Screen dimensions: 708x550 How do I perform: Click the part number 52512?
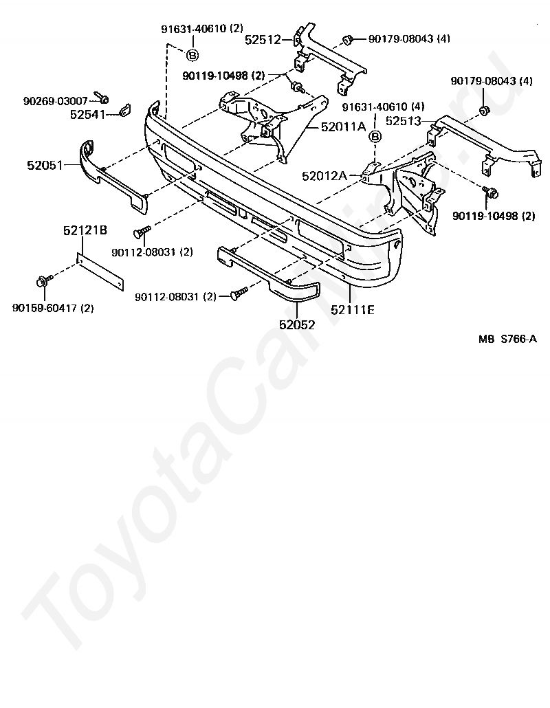(263, 40)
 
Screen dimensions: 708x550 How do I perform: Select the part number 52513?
(404, 120)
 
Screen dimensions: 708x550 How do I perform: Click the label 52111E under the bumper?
(352, 310)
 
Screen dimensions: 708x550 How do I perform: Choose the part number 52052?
(297, 324)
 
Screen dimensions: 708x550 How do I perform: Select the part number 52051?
(45, 165)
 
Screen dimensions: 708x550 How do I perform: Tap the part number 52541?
(88, 114)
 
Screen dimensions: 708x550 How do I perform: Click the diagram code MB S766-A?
(507, 338)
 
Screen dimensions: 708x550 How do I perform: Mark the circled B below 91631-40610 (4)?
(375, 137)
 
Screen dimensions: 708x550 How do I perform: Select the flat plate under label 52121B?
(100, 273)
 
